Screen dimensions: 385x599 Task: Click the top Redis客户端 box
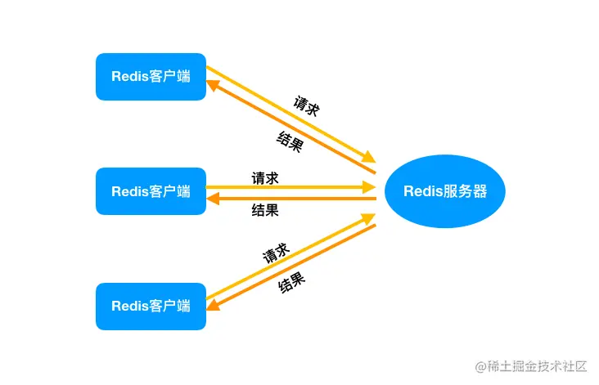(151, 77)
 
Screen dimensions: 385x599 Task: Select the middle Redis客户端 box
(151, 191)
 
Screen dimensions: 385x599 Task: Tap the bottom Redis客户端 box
(151, 307)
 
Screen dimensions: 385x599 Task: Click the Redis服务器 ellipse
(445, 191)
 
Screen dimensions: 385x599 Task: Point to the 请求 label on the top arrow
(306, 108)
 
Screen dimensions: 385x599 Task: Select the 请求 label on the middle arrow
(264, 177)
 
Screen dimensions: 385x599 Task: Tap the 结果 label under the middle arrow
(264, 210)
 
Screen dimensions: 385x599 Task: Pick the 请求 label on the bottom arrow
(275, 253)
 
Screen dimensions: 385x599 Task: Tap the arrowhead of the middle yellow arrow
(370, 187)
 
